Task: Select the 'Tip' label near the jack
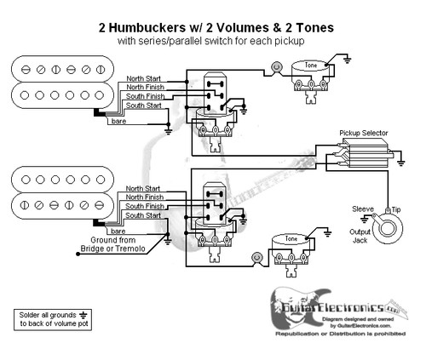point(397,209)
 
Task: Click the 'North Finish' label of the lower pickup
point(141,197)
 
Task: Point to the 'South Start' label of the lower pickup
point(141,216)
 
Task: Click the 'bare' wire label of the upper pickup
point(119,122)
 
